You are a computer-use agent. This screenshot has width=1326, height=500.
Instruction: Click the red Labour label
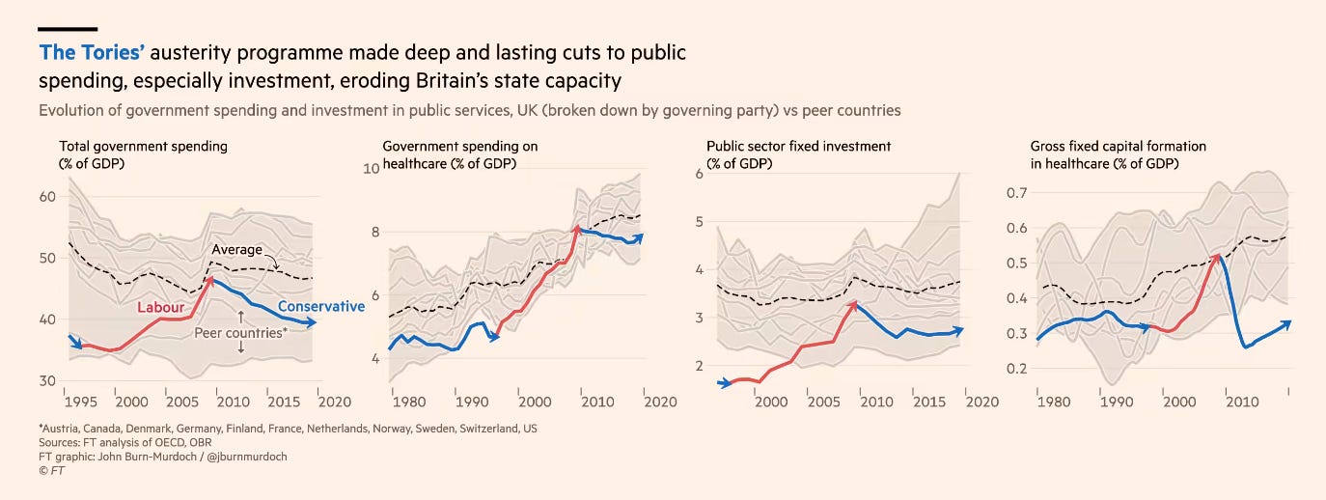(x=160, y=307)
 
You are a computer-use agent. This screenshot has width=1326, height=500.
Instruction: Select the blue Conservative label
(x=321, y=307)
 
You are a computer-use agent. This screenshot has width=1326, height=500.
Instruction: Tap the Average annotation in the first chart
(x=236, y=250)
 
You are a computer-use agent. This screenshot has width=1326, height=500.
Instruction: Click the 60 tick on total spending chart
(x=48, y=196)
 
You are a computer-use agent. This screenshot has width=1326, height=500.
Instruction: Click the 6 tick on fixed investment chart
(x=700, y=174)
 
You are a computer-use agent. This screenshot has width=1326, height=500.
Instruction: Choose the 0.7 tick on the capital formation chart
(x=1016, y=193)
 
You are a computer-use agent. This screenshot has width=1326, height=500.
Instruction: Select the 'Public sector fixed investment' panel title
(x=799, y=146)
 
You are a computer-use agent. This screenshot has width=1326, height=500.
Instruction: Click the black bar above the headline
(x=68, y=29)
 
